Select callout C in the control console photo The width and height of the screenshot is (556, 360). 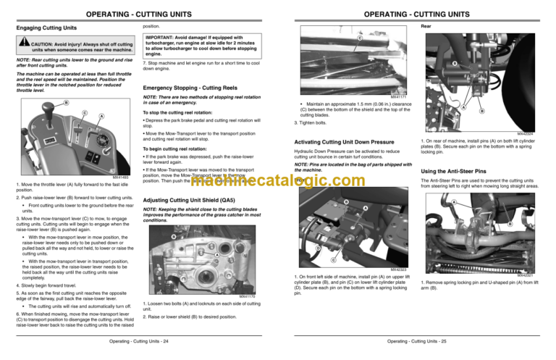click(x=85, y=114)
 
